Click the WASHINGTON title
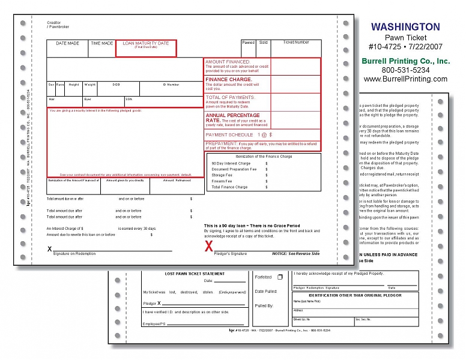coord(405,27)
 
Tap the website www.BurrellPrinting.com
coord(405,79)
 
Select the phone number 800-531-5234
coord(405,70)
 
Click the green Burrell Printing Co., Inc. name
coord(405,61)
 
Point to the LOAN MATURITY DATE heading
coord(146,43)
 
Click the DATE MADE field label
coord(67,43)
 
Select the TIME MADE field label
coord(101,43)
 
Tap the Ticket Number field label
coord(296,43)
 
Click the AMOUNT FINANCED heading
coord(228,62)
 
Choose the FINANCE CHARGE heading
coord(229,79)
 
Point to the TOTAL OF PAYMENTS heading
coord(231,97)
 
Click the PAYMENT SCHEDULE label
coord(229,135)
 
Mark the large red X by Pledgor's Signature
coord(209,246)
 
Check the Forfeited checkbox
coord(279,277)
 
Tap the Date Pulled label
coord(266,292)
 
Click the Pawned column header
coord(248,43)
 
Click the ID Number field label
coord(171,85)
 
